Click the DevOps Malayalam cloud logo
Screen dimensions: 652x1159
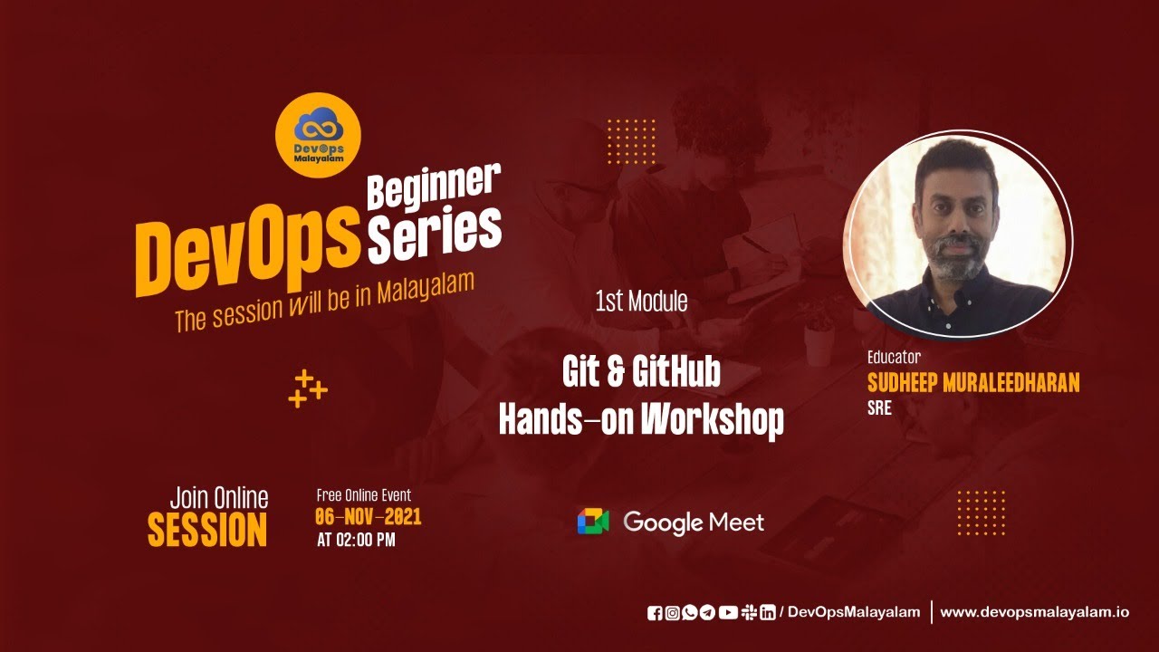pos(318,134)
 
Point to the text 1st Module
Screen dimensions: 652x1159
pos(641,302)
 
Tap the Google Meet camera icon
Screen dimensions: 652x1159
pos(593,522)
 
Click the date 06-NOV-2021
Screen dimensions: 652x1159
pos(368,518)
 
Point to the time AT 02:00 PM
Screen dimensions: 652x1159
pos(356,541)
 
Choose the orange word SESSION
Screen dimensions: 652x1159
pos(207,531)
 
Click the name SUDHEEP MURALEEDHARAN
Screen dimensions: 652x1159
pos(973,383)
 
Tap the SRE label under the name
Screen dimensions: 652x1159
pos(879,408)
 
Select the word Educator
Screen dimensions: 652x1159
pos(894,357)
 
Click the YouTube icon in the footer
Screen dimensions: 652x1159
pos(728,613)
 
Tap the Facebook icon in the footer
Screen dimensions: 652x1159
pos(656,613)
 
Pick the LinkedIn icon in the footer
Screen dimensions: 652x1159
pos(767,613)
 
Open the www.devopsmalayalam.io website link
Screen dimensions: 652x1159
pos(1034,612)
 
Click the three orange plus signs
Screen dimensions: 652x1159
pos(307,388)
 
